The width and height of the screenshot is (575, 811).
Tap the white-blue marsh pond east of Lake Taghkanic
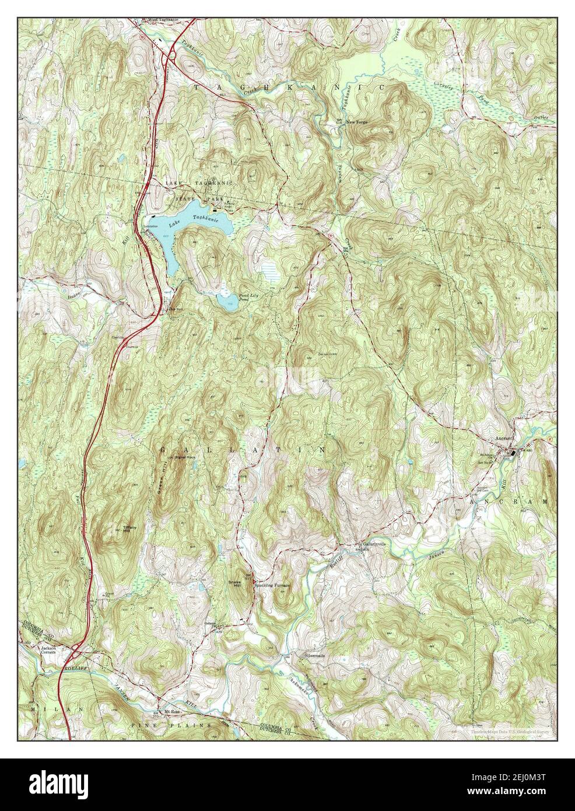[x=269, y=271]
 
